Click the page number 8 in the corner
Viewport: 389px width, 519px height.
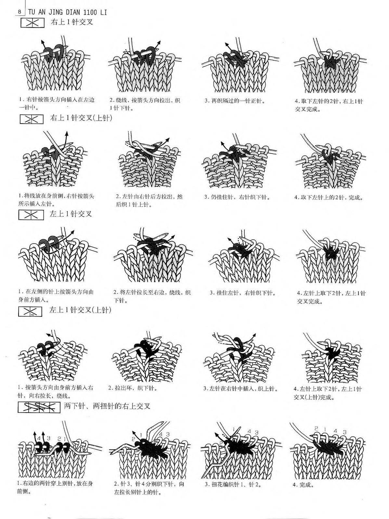[20, 12]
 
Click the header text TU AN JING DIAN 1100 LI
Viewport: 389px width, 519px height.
[68, 12]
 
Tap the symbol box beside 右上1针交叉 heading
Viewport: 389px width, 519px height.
[32, 23]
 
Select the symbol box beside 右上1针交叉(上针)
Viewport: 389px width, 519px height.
[32, 119]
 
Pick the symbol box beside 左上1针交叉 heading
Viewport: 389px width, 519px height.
[31, 215]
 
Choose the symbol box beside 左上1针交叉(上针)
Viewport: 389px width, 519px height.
[30, 311]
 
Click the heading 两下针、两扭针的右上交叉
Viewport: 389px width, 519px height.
[107, 406]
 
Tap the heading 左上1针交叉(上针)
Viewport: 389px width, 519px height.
[80, 310]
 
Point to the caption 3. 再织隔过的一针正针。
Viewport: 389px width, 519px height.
[235, 101]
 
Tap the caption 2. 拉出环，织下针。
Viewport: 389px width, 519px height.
[133, 388]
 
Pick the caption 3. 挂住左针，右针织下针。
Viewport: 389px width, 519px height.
[243, 293]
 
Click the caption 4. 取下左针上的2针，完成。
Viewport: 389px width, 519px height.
[329, 197]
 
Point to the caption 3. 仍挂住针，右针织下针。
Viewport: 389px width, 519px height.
[237, 197]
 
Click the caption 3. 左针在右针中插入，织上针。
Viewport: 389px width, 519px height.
[240, 388]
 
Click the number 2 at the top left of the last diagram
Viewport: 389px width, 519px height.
[316, 428]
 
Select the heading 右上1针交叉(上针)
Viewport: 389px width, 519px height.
[81, 118]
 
